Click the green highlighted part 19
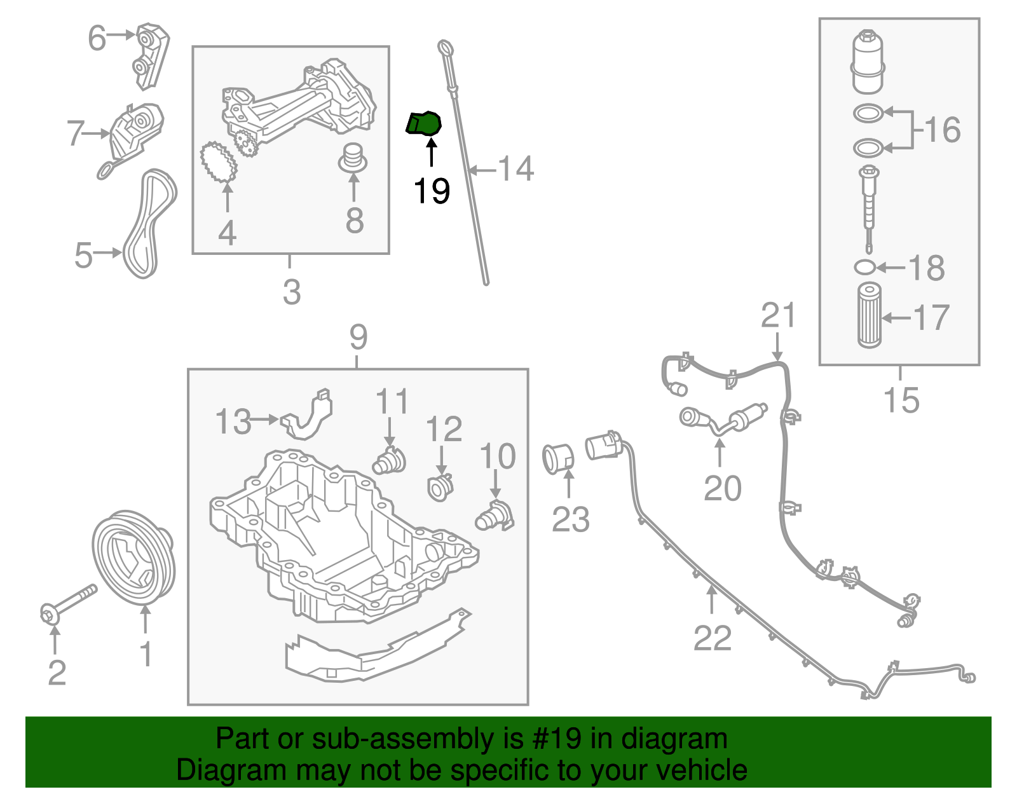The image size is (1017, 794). pyautogui.click(x=424, y=123)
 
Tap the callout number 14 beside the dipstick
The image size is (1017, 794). pyautogui.click(x=515, y=169)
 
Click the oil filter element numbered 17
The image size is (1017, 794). pyautogui.click(x=869, y=315)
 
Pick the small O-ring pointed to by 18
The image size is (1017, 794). pyautogui.click(x=864, y=267)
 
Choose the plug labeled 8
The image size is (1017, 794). pyautogui.click(x=353, y=158)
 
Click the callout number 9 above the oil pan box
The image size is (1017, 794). pyautogui.click(x=358, y=337)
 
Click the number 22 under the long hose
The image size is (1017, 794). pyautogui.click(x=713, y=638)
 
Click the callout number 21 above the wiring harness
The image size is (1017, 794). pyautogui.click(x=778, y=315)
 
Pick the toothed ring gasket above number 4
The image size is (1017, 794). pyautogui.click(x=219, y=163)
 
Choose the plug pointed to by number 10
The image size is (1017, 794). pyautogui.click(x=495, y=516)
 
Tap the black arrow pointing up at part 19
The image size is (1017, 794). pyautogui.click(x=432, y=153)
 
